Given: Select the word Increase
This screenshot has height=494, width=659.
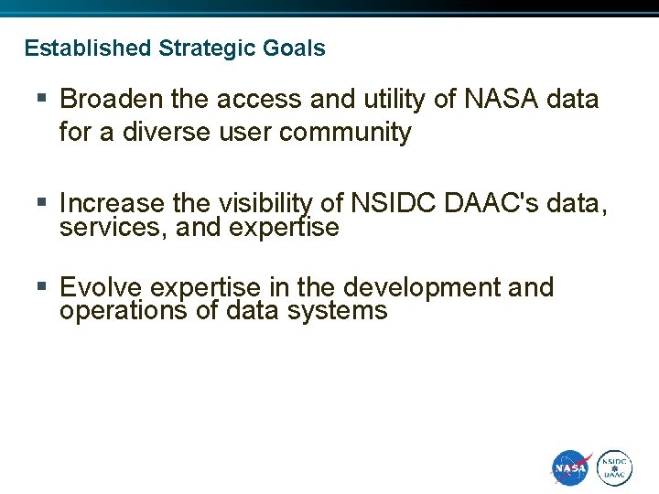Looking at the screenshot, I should [112, 203].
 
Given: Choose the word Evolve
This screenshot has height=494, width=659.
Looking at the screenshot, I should [101, 287].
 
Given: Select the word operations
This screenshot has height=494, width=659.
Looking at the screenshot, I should [122, 311].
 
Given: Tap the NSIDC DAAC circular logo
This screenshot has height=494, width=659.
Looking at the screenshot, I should [615, 468].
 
